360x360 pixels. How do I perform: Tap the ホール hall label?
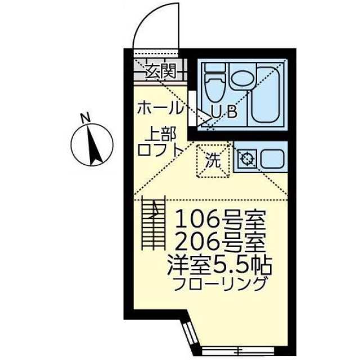[x=160, y=108]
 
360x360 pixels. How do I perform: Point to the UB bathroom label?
[x=224, y=112]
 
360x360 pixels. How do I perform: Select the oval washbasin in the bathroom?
[x=241, y=78]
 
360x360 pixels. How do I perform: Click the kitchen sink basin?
[x=272, y=159]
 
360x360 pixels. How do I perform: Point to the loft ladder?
[x=154, y=223]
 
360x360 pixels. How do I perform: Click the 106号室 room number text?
[x=220, y=219]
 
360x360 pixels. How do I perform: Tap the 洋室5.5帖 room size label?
[x=220, y=265]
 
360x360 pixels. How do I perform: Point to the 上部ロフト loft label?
[x=160, y=142]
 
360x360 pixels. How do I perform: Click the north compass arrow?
[x=94, y=145]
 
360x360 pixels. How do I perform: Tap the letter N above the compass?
[x=85, y=118]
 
